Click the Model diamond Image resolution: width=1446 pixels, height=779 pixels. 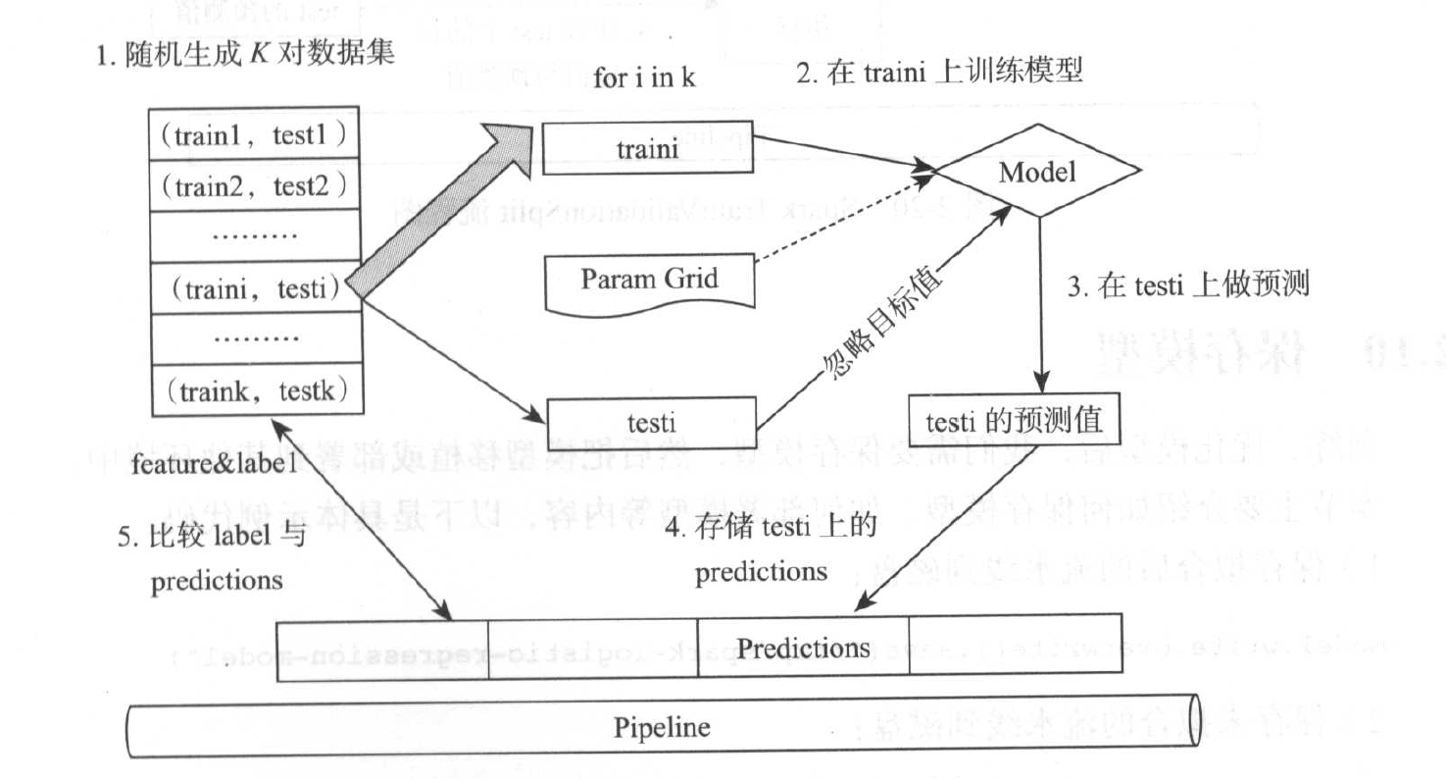pos(1037,174)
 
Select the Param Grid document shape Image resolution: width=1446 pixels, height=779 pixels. pos(649,281)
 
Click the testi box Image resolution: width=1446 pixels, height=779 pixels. pos(649,425)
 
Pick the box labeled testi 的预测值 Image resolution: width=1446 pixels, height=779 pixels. pos(1015,421)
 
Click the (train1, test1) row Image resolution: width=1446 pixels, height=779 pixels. pos(256,133)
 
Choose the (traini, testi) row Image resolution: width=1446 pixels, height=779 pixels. pos(256,288)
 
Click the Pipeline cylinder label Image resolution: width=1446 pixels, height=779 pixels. pos(662,729)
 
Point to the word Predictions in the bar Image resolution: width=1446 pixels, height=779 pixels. pos(804,649)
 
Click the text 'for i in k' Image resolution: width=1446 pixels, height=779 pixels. pos(644,78)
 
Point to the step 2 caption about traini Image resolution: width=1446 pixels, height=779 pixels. pos(939,72)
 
